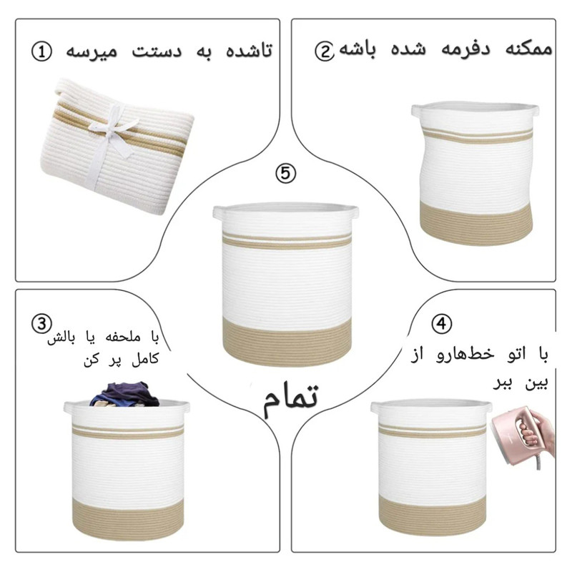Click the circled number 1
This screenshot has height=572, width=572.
(x=41, y=51)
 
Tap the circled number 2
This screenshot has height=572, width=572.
(x=324, y=51)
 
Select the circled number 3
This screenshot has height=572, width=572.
(x=41, y=324)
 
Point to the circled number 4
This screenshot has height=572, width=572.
(x=441, y=323)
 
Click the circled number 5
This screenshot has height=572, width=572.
(x=285, y=173)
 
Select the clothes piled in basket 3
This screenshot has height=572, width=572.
(x=124, y=395)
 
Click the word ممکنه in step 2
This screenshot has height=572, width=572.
(x=529, y=50)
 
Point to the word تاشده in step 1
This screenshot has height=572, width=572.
(x=249, y=50)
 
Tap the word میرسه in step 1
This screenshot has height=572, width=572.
(x=92, y=51)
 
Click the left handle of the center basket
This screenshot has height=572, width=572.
(x=218, y=212)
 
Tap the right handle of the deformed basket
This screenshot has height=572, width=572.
(x=534, y=110)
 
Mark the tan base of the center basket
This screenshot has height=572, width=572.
(x=287, y=341)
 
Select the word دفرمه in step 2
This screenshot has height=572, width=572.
(x=466, y=50)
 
